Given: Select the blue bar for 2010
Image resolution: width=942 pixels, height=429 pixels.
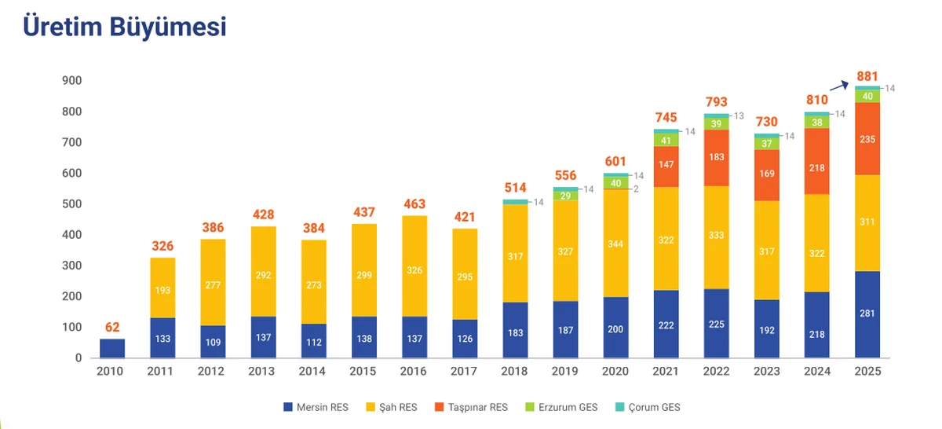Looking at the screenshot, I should click(x=112, y=348).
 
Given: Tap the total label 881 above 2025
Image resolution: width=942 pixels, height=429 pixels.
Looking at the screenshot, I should click(x=867, y=76).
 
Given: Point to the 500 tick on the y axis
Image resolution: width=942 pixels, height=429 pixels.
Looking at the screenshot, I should click(x=72, y=204).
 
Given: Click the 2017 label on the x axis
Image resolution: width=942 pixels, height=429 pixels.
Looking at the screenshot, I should click(x=465, y=372).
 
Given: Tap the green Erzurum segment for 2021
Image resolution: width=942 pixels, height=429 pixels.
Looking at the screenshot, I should click(x=666, y=141).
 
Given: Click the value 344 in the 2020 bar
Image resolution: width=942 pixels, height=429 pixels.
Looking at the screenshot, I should click(x=615, y=244).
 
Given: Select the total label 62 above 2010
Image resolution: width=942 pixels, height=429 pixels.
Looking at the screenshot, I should click(x=112, y=327).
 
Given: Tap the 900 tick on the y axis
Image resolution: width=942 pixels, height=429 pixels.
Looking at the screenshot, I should click(x=72, y=81).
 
